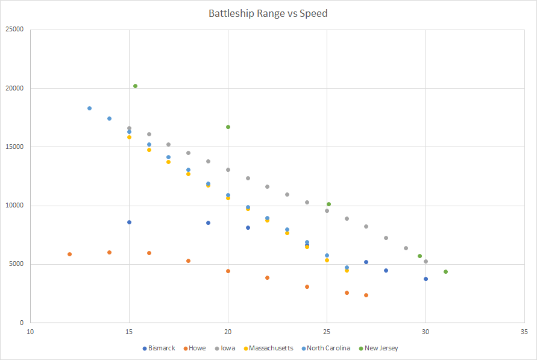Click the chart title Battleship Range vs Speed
268,13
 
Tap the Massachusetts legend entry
268,348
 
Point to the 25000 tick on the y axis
14,30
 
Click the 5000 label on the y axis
16,264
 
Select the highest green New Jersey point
135,86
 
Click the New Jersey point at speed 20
228,127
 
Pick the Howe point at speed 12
69,254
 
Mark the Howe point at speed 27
366,295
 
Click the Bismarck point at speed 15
129,222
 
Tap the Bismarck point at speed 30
426,279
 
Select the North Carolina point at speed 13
89,108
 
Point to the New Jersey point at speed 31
445,271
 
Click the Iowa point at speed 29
406,248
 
